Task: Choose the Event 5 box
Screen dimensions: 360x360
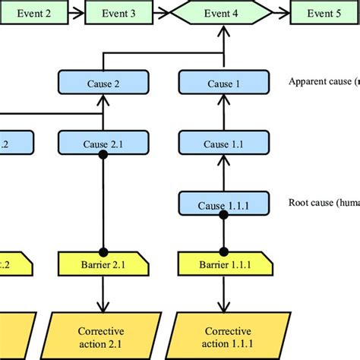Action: (x=325, y=14)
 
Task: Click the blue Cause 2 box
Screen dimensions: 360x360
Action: (x=103, y=83)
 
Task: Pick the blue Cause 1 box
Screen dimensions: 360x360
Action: (x=223, y=83)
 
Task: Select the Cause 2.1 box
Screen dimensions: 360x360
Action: (x=103, y=142)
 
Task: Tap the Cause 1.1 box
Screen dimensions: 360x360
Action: (x=223, y=142)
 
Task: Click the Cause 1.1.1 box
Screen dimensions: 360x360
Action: (x=223, y=204)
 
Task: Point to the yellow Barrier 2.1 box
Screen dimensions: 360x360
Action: (x=103, y=264)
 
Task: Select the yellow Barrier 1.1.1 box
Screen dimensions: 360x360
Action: (x=223, y=264)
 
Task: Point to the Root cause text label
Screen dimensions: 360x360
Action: (x=324, y=203)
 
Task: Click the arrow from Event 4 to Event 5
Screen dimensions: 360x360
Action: (x=281, y=14)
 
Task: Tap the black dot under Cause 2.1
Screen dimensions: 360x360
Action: (x=103, y=154)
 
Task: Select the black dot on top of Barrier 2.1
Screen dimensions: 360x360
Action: (x=103, y=251)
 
